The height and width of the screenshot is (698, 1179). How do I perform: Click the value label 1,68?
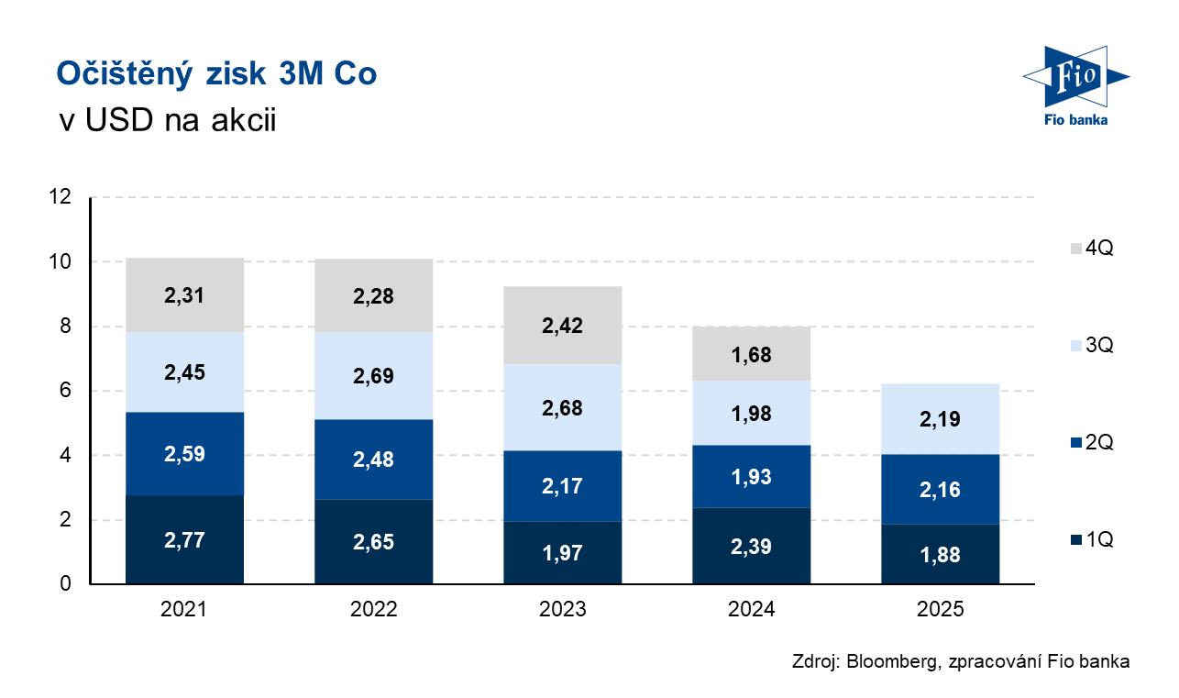[751, 354]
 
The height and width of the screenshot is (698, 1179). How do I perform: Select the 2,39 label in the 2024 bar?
[751, 547]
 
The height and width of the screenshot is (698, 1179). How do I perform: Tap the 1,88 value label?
[940, 555]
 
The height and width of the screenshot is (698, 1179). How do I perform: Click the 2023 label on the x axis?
[562, 609]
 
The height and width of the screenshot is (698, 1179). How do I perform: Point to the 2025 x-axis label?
[940, 609]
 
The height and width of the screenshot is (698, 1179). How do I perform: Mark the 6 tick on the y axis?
[65, 391]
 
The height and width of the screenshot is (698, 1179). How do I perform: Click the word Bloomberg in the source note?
[887, 661]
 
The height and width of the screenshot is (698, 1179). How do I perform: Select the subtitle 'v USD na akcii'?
[166, 120]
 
